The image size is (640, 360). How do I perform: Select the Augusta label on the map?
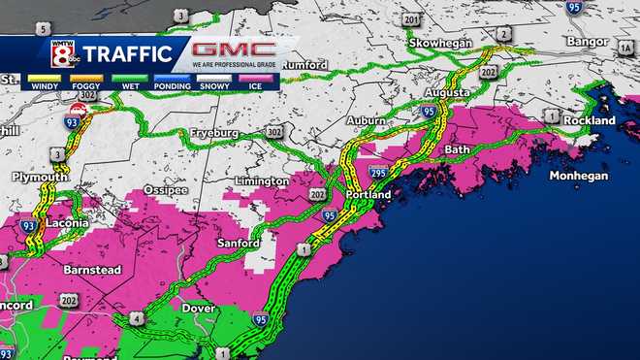(x=447, y=93)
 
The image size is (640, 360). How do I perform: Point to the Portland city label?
(x=368, y=194)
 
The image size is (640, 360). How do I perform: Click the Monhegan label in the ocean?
(x=578, y=176)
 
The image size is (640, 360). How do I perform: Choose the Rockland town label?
(x=591, y=120)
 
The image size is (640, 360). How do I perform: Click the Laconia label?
(x=66, y=222)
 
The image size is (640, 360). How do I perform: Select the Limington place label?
(x=262, y=180)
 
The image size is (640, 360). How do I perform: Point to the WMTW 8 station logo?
(x=60, y=53)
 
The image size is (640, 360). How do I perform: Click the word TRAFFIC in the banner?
(x=128, y=53)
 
